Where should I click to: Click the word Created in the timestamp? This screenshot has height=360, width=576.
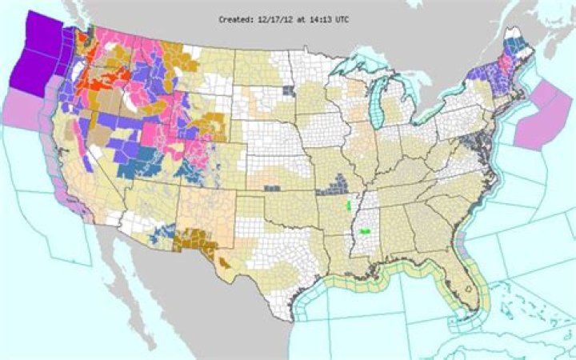coord(237,18)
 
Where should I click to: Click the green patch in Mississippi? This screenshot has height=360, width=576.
coord(365,231)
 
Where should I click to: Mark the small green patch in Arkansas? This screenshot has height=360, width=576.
coord(348,206)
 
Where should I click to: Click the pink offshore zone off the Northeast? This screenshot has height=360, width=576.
coord(535,115)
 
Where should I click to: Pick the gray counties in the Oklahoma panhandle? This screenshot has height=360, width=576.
coord(273,189)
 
